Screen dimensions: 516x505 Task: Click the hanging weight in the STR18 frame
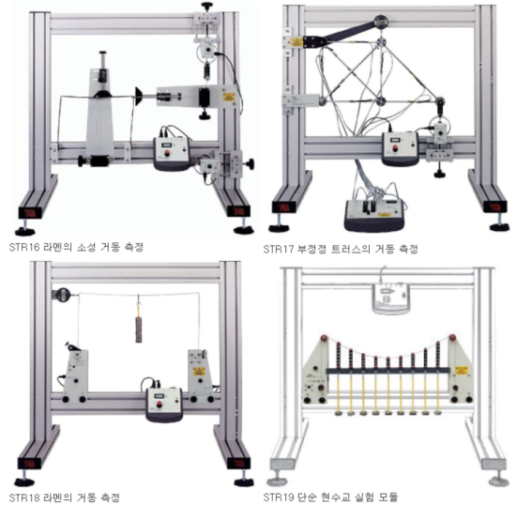[x=139, y=329]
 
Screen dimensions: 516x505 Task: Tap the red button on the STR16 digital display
[x=167, y=153]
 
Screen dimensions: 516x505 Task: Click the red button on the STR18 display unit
[x=159, y=405]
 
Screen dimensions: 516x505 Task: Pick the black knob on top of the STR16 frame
[x=207, y=6]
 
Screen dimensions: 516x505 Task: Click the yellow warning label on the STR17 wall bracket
[x=296, y=42]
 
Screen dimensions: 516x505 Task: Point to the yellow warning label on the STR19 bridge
[x=462, y=371]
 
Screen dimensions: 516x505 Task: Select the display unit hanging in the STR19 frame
[x=390, y=298]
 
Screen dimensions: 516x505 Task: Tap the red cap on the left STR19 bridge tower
[x=325, y=338]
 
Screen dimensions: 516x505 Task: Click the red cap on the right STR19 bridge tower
[x=453, y=338]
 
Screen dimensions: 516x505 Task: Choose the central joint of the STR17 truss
[x=381, y=101]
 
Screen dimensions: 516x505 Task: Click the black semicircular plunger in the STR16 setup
[x=138, y=96]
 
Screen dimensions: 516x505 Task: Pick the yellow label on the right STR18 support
[x=199, y=372]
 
